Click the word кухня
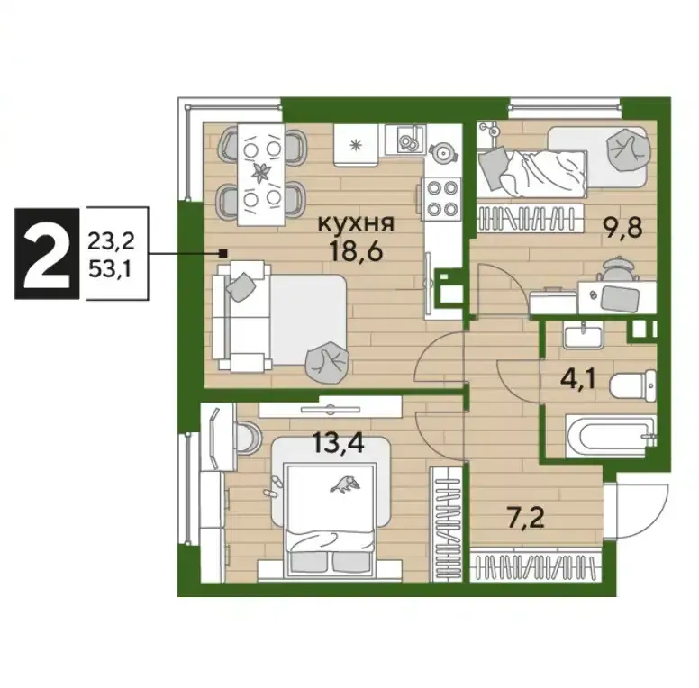tap(356, 224)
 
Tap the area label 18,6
tap(356, 251)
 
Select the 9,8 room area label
tap(622, 230)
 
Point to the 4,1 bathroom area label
tap(578, 382)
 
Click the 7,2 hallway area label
tap(526, 519)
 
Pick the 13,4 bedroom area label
tap(338, 443)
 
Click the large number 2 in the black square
tap(47, 253)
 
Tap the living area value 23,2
tap(112, 241)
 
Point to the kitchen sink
tap(405, 140)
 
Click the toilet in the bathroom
tap(633, 385)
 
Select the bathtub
tap(611, 436)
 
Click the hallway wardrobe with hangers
tap(536, 565)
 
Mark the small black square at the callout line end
tap(223, 254)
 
